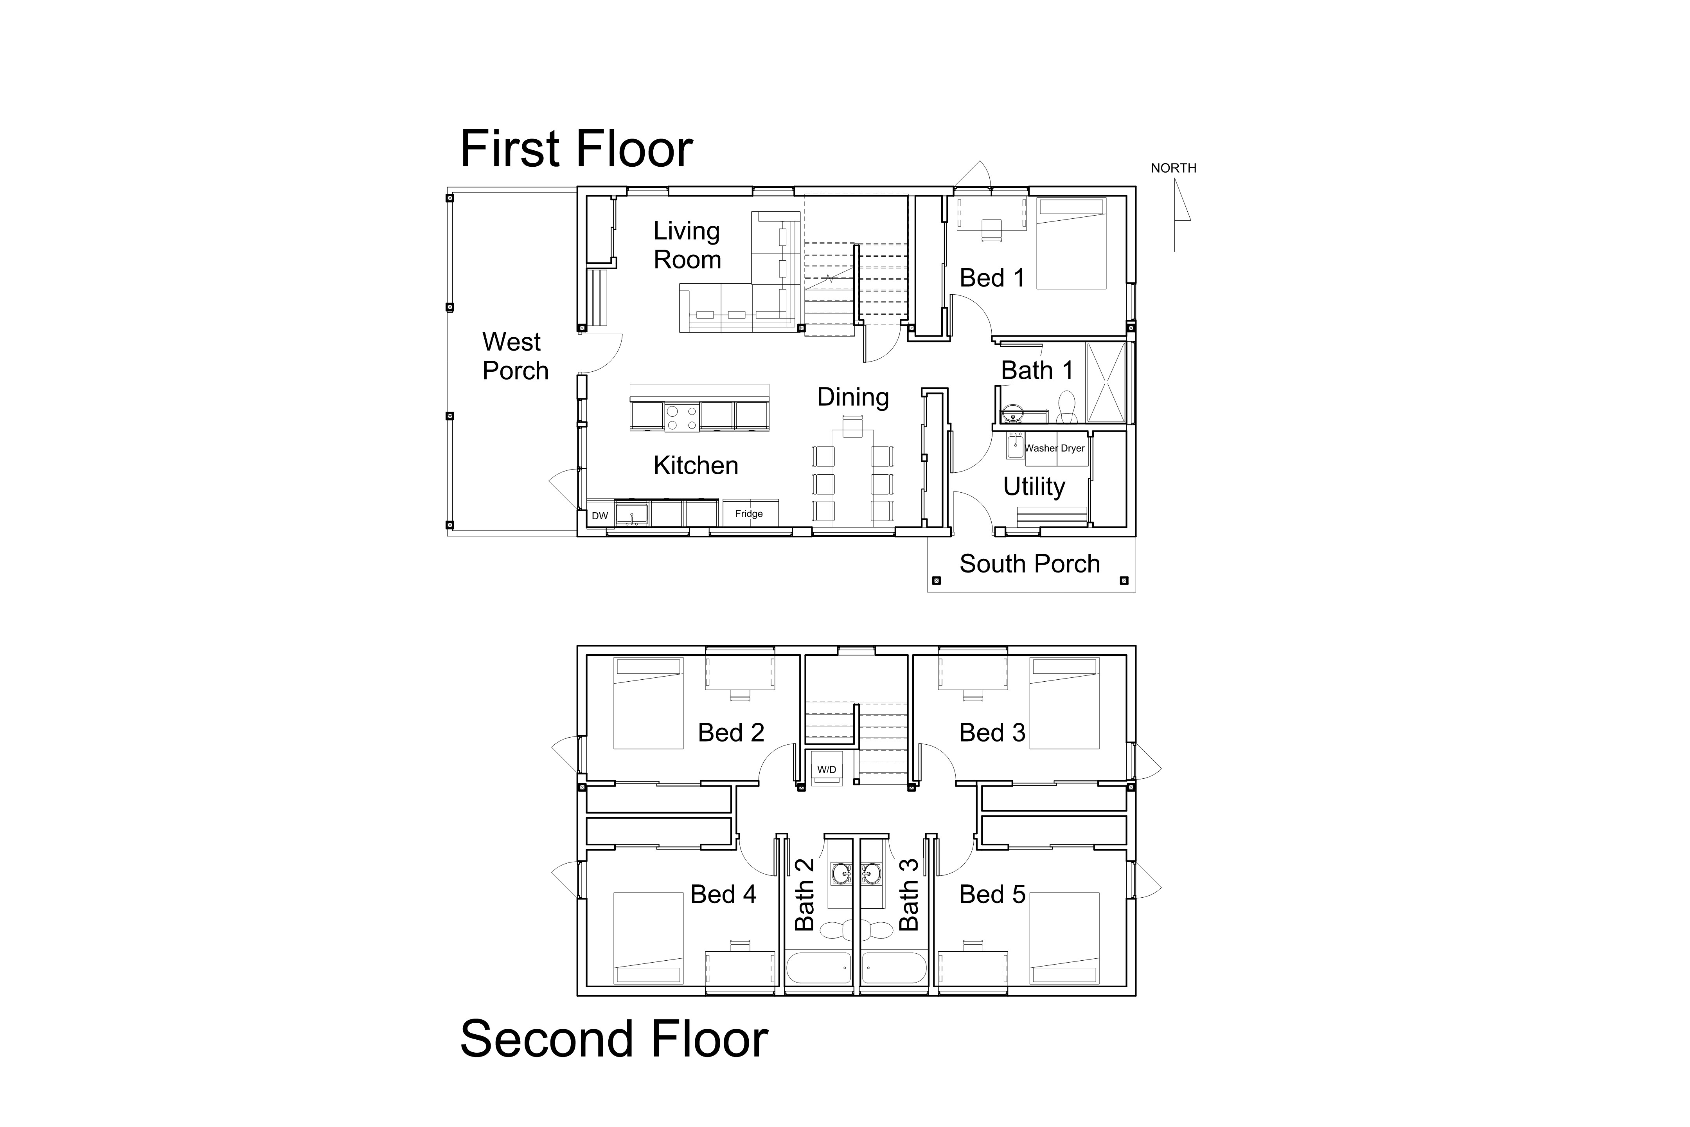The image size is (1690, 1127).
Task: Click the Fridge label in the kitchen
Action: point(749,514)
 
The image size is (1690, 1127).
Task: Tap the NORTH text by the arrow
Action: point(1173,168)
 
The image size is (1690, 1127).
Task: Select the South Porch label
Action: point(1030,564)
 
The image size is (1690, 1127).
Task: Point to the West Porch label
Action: point(515,356)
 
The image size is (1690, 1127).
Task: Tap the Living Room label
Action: point(687,245)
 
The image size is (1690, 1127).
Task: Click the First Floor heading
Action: point(576,149)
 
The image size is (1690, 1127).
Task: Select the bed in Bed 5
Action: point(1064,938)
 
